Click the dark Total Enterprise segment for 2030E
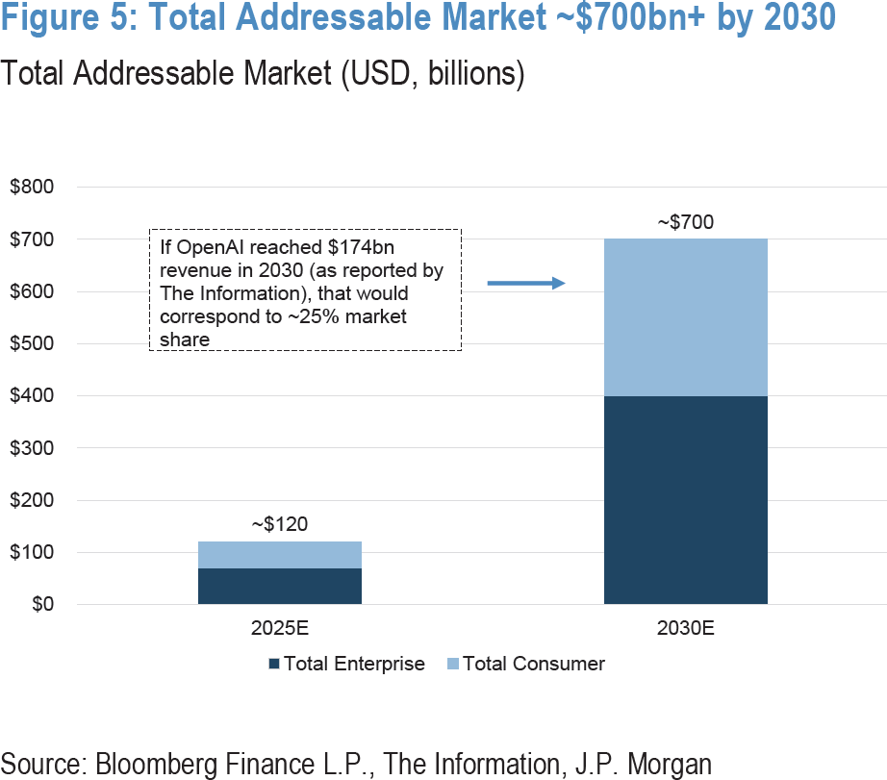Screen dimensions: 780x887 click(x=685, y=500)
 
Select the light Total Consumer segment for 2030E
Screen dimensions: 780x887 click(x=685, y=317)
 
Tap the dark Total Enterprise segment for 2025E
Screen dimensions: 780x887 click(x=280, y=586)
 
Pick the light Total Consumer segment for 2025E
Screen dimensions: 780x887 click(x=280, y=554)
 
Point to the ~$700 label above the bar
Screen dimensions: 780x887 click(x=685, y=223)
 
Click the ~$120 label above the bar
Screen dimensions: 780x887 click(x=280, y=525)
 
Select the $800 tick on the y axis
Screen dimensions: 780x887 click(x=32, y=187)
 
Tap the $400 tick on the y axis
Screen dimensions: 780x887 click(x=32, y=395)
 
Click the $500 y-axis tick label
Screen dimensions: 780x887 click(x=32, y=343)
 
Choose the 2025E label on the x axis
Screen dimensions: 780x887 click(x=280, y=631)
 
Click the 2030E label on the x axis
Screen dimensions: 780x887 click(x=685, y=631)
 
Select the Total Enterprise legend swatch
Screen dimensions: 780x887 click(x=273, y=664)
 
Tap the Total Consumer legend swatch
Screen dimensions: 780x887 click(x=452, y=664)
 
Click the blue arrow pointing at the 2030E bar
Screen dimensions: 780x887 click(x=525, y=283)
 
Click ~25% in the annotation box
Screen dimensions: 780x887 click(x=341, y=316)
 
